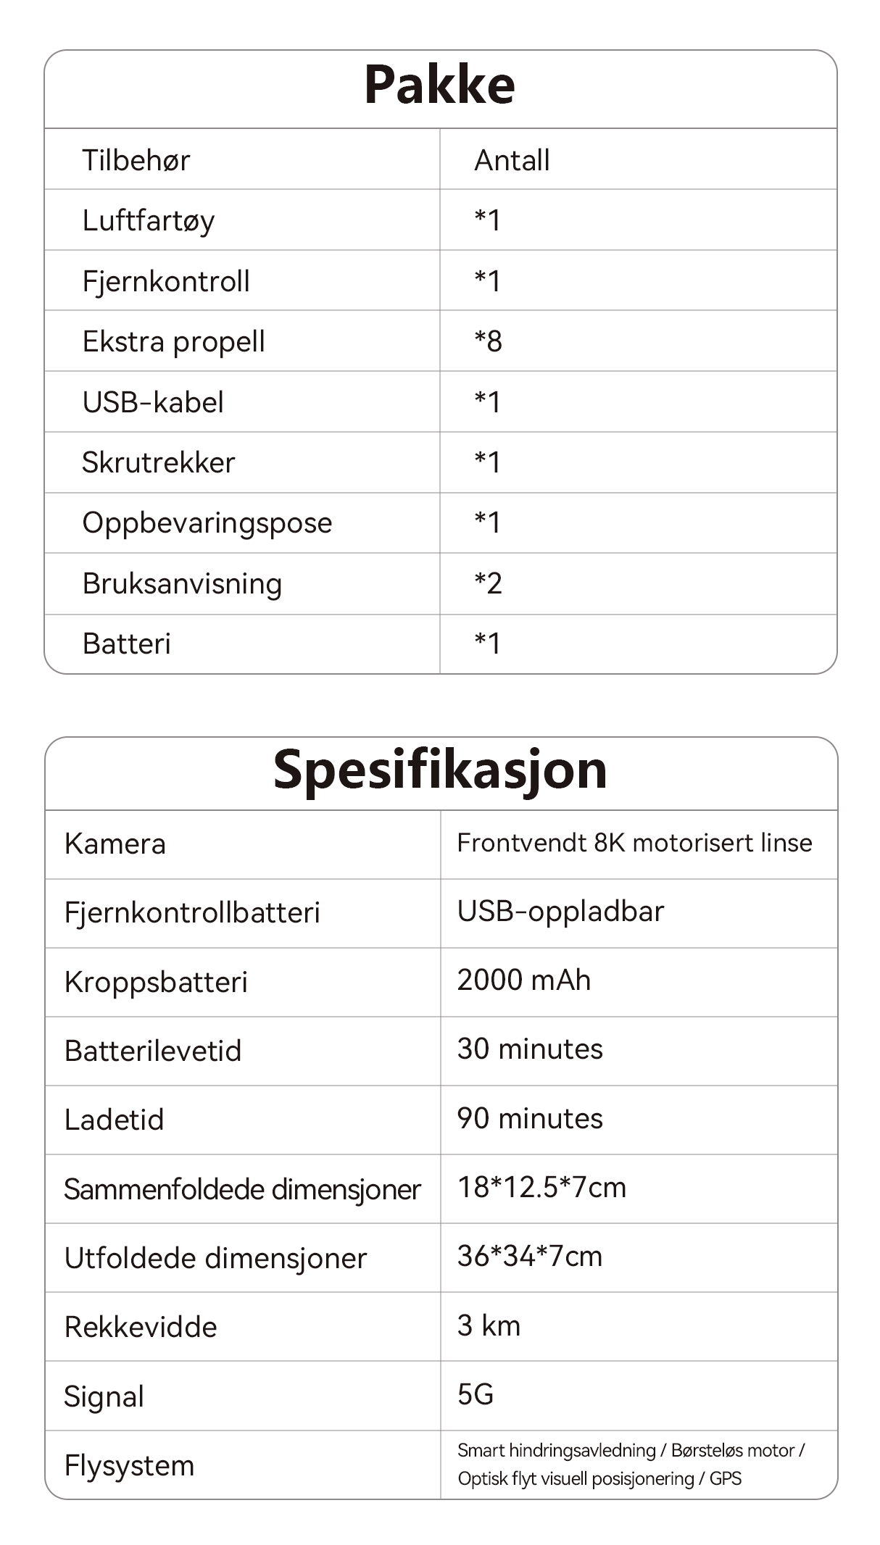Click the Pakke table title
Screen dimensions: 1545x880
coord(439,85)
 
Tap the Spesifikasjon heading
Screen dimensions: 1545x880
coord(440,770)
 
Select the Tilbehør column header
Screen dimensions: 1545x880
coord(136,160)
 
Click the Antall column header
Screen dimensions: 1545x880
coord(512,160)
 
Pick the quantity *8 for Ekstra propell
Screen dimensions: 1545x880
coord(488,341)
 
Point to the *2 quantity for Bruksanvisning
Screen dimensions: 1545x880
coord(488,583)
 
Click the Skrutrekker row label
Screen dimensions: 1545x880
coord(158,462)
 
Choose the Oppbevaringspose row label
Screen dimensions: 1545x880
coord(207,523)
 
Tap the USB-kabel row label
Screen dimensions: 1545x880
coord(153,402)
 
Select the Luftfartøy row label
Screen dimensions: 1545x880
coord(148,221)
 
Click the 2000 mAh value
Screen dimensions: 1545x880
coord(523,980)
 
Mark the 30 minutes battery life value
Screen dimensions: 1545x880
coord(529,1049)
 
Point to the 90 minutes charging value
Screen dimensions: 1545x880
coord(529,1119)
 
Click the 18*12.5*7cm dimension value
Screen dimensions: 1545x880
coord(541,1188)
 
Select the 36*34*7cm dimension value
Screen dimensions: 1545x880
coord(529,1257)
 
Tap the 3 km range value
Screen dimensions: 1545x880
coord(489,1325)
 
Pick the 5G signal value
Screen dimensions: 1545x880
coord(475,1394)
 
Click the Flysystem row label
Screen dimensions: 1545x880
coord(129,1465)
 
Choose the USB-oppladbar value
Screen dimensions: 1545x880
coord(560,912)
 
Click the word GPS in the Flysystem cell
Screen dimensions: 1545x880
coord(725,1479)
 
